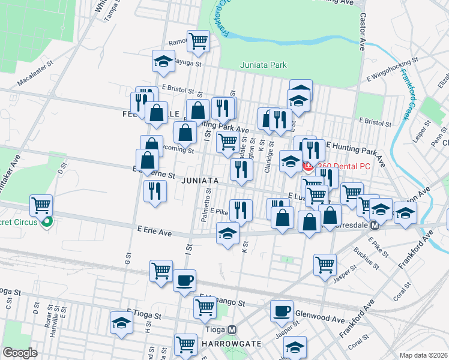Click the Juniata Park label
pos(263,65)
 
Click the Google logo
pos(20,353)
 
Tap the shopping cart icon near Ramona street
pos(198,41)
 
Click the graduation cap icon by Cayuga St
pos(163,61)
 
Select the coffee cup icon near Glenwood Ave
pos(282,311)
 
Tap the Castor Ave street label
pos(363,24)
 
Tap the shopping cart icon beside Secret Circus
pos(41,205)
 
